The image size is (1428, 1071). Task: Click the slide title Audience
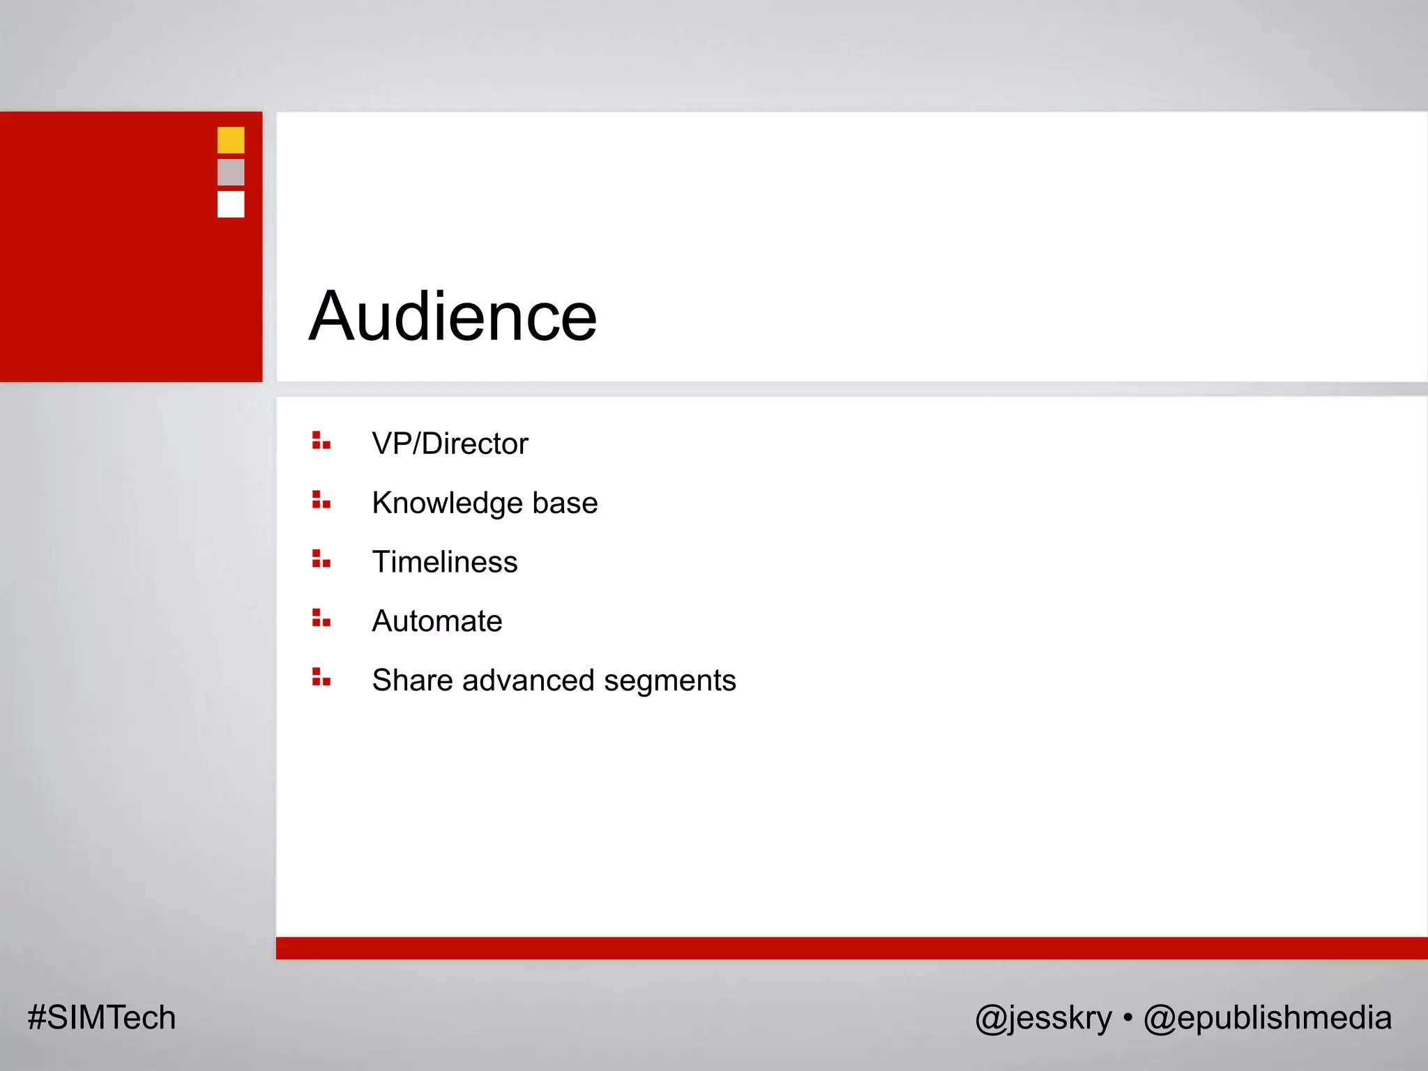[x=453, y=317]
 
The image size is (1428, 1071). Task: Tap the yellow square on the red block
[x=231, y=140]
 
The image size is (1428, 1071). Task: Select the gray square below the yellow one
[x=231, y=172]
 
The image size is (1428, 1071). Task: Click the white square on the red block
[x=231, y=204]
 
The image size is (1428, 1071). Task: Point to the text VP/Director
[x=450, y=444]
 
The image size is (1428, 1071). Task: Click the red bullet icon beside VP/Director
[x=321, y=441]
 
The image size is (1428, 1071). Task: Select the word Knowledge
[x=447, y=503]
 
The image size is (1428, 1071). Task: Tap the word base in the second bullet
[x=565, y=503]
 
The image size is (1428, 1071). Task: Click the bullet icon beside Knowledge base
[x=321, y=500]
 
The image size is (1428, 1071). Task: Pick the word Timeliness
[x=445, y=562]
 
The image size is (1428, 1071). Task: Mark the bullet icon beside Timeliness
[x=321, y=559]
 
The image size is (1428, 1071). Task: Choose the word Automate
[x=437, y=621]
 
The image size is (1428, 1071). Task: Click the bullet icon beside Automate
[x=321, y=618]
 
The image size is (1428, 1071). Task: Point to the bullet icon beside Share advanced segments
[x=321, y=677]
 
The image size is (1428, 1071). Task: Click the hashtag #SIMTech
[x=102, y=1018]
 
